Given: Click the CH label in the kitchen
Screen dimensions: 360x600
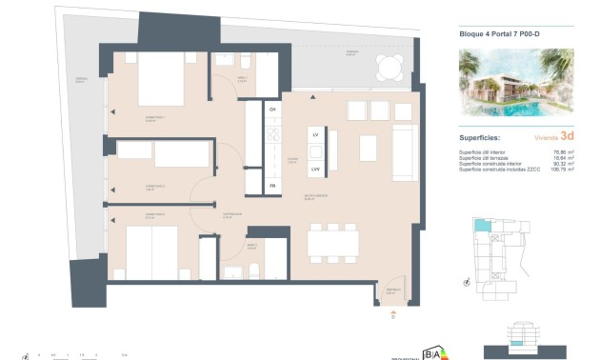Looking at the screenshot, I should click(x=272, y=110).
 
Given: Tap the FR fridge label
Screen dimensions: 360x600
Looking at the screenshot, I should click(x=272, y=185).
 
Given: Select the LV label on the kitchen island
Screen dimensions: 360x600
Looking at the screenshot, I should click(x=315, y=136).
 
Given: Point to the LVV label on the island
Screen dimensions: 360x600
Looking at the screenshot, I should click(x=315, y=170).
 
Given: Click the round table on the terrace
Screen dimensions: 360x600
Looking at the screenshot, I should click(x=389, y=66).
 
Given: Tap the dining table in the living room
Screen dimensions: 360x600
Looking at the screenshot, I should click(x=332, y=242).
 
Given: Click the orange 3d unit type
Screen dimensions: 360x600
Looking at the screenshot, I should click(x=567, y=136).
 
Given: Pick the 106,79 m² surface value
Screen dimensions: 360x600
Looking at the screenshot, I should click(x=562, y=170).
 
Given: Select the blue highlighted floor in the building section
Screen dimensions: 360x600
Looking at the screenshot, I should click(x=518, y=340).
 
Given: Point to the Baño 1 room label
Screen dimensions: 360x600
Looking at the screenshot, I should click(x=217, y=80).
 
